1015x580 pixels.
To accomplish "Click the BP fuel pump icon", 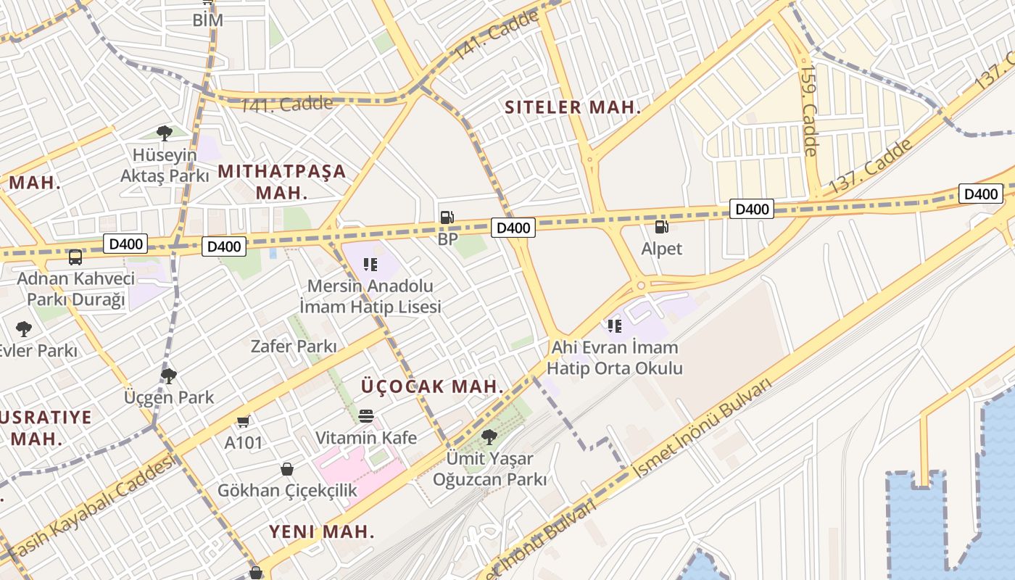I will pyautogui.click(x=447, y=217).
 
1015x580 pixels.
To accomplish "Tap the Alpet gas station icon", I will pyautogui.click(x=661, y=226).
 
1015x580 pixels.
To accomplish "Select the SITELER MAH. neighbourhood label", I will pyautogui.click(x=573, y=108).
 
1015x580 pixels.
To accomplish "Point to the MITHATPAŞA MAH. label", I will pyautogui.click(x=282, y=182).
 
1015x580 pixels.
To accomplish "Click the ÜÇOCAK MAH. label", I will pyautogui.click(x=432, y=386).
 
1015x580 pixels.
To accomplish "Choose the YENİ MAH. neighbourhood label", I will pyautogui.click(x=322, y=531).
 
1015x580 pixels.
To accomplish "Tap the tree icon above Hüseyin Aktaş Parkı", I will pyautogui.click(x=165, y=133).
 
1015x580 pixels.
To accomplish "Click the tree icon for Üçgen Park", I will pyautogui.click(x=169, y=376).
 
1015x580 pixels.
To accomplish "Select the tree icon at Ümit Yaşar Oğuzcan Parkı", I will pyautogui.click(x=489, y=436).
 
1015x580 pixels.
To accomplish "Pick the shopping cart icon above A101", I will pyautogui.click(x=244, y=421).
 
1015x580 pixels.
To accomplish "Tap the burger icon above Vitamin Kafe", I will pyautogui.click(x=366, y=416).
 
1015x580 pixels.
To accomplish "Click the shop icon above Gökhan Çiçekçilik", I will pyautogui.click(x=287, y=469).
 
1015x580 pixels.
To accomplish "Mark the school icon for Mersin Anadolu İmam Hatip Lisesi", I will pyautogui.click(x=370, y=265).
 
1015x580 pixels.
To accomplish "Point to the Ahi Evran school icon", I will pyautogui.click(x=615, y=326).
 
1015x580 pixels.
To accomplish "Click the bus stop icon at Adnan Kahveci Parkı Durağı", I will pyautogui.click(x=75, y=257).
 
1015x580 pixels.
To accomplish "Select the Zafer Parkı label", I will pyautogui.click(x=294, y=347).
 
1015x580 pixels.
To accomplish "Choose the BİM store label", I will pyautogui.click(x=207, y=20).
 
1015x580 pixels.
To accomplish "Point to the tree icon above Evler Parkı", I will pyautogui.click(x=24, y=329).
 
